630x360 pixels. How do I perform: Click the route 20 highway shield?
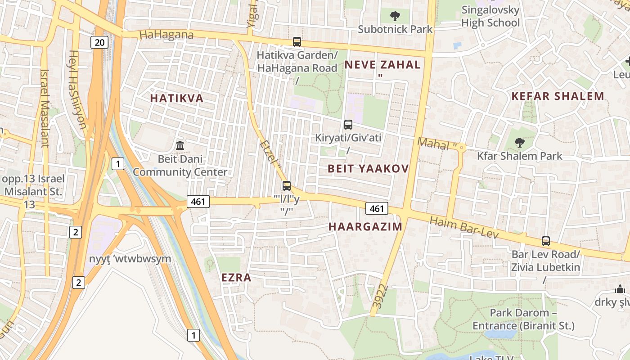[99, 43]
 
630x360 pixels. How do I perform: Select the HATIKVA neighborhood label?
[177, 98]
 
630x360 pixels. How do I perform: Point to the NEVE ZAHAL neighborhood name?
[382, 65]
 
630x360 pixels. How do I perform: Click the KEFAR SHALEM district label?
[558, 96]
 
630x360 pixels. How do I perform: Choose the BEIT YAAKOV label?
[368, 169]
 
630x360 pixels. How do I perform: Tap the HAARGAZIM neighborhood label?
[365, 226]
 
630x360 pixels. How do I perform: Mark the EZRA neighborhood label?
[236, 278]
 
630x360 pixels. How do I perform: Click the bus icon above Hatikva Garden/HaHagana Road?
[297, 42]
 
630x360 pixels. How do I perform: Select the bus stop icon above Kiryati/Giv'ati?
[348, 125]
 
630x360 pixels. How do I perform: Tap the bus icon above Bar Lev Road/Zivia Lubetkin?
[546, 241]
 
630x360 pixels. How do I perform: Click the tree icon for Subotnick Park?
[395, 17]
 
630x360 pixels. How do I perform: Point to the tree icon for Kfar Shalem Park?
[520, 143]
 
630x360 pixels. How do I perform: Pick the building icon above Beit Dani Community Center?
[180, 146]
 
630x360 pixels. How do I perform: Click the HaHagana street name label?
[166, 35]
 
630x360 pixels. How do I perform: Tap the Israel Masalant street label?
[45, 108]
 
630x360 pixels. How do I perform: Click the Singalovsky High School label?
[490, 16]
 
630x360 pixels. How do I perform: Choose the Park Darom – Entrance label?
[523, 319]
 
